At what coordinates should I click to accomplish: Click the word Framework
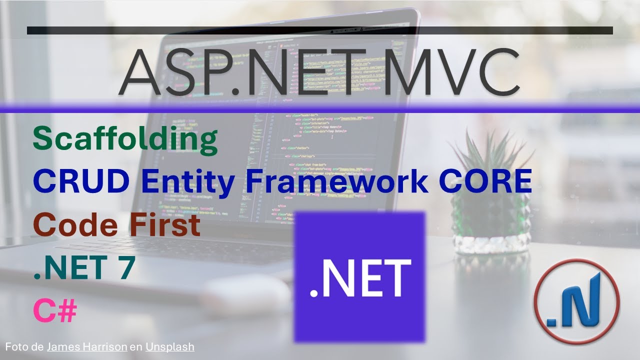pos(336,182)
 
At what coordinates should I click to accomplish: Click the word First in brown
pos(165,225)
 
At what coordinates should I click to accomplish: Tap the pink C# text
pos(55,311)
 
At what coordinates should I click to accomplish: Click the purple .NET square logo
pos(359,276)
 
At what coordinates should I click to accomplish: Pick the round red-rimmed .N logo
pos(576,301)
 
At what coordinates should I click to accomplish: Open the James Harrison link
pos(86,346)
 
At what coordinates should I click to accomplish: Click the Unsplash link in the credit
pos(169,346)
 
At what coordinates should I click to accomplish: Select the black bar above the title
pos(320,30)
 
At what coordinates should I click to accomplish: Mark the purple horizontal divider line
pos(320,108)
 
